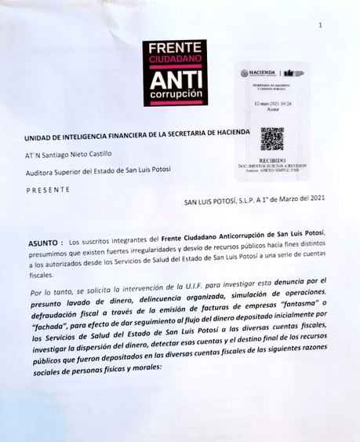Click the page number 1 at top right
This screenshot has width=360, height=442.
320,26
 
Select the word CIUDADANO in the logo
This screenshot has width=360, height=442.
177,60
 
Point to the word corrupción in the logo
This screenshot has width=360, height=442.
177,97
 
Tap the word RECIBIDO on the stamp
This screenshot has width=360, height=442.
271,159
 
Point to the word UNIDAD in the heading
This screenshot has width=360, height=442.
44,137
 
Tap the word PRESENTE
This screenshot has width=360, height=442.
48,189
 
